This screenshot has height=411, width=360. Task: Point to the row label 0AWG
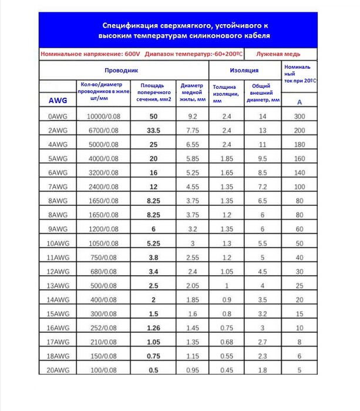(57, 117)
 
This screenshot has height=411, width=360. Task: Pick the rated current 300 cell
(300, 117)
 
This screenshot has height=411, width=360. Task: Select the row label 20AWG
(57, 369)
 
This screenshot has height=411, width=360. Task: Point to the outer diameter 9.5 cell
(263, 158)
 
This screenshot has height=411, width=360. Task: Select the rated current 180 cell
(300, 144)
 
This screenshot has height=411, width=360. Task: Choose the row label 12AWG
(57, 271)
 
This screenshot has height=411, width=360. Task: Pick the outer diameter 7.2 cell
(263, 186)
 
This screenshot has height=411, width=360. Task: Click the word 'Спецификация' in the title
(127, 26)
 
